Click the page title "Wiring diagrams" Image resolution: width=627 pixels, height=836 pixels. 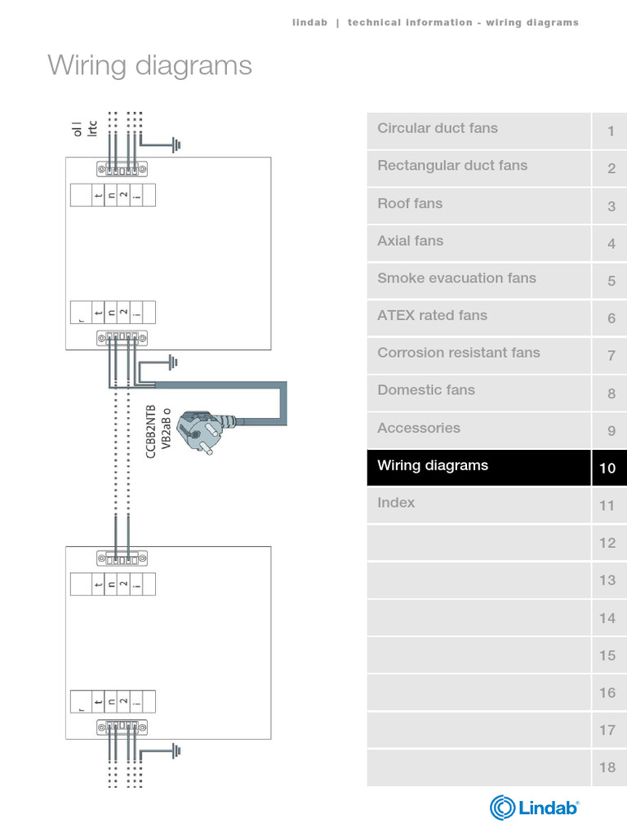149,65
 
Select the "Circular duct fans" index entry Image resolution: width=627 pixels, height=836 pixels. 438,128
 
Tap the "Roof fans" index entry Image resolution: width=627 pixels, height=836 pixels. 410,203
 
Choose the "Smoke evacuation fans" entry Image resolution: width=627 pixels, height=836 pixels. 456,278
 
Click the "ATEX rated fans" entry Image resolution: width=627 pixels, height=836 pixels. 432,315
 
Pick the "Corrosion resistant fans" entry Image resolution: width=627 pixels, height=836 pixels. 459,353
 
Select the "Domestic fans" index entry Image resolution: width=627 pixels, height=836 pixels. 426,390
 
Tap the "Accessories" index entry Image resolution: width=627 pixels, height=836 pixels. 419,428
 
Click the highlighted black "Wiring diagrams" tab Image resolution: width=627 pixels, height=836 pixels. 433,465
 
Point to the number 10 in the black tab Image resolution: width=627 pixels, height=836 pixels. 607,469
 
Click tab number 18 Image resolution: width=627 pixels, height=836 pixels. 607,768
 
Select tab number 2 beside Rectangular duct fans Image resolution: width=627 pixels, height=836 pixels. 611,169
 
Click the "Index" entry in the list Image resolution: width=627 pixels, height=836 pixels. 396,503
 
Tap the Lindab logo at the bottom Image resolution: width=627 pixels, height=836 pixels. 535,807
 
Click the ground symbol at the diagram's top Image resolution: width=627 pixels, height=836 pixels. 176,145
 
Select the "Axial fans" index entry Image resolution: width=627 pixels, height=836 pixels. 410,241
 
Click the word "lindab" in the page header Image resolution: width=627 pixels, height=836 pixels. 309,23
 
